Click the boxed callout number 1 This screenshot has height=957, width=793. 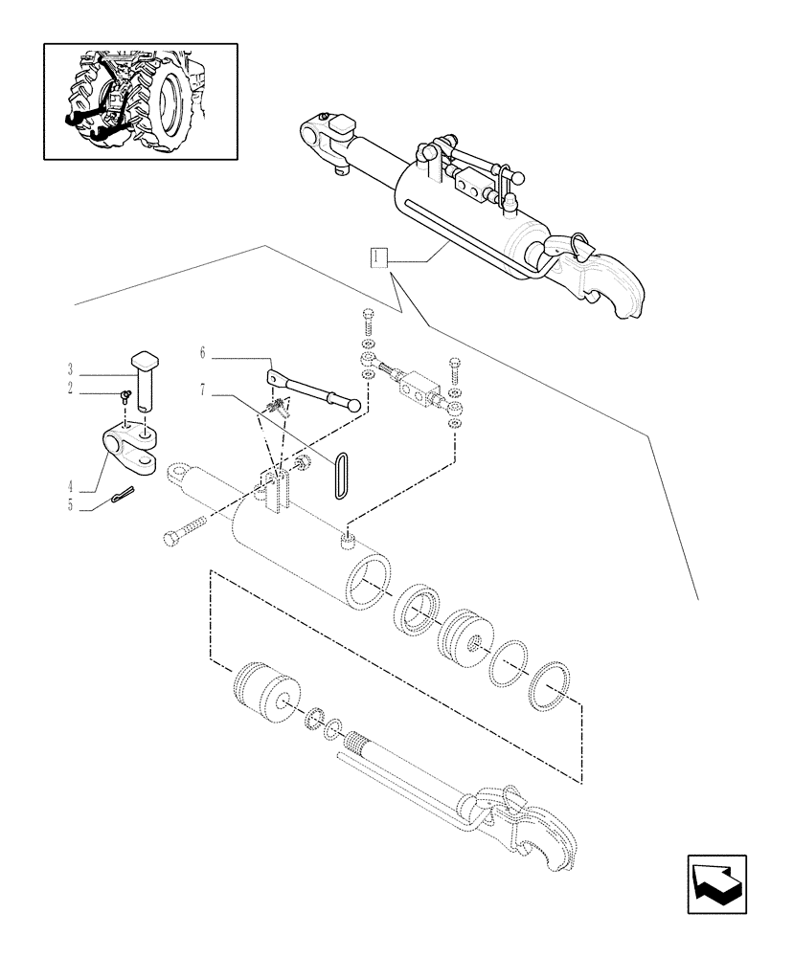(380, 256)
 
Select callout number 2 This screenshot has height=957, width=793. (71, 389)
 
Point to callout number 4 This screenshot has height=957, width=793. (71, 486)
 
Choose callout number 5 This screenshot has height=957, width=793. (71, 506)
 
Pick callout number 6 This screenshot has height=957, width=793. (203, 353)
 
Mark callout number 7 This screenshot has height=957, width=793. (203, 390)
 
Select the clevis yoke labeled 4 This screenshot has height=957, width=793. (129, 448)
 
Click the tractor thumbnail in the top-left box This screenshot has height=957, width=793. (140, 100)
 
